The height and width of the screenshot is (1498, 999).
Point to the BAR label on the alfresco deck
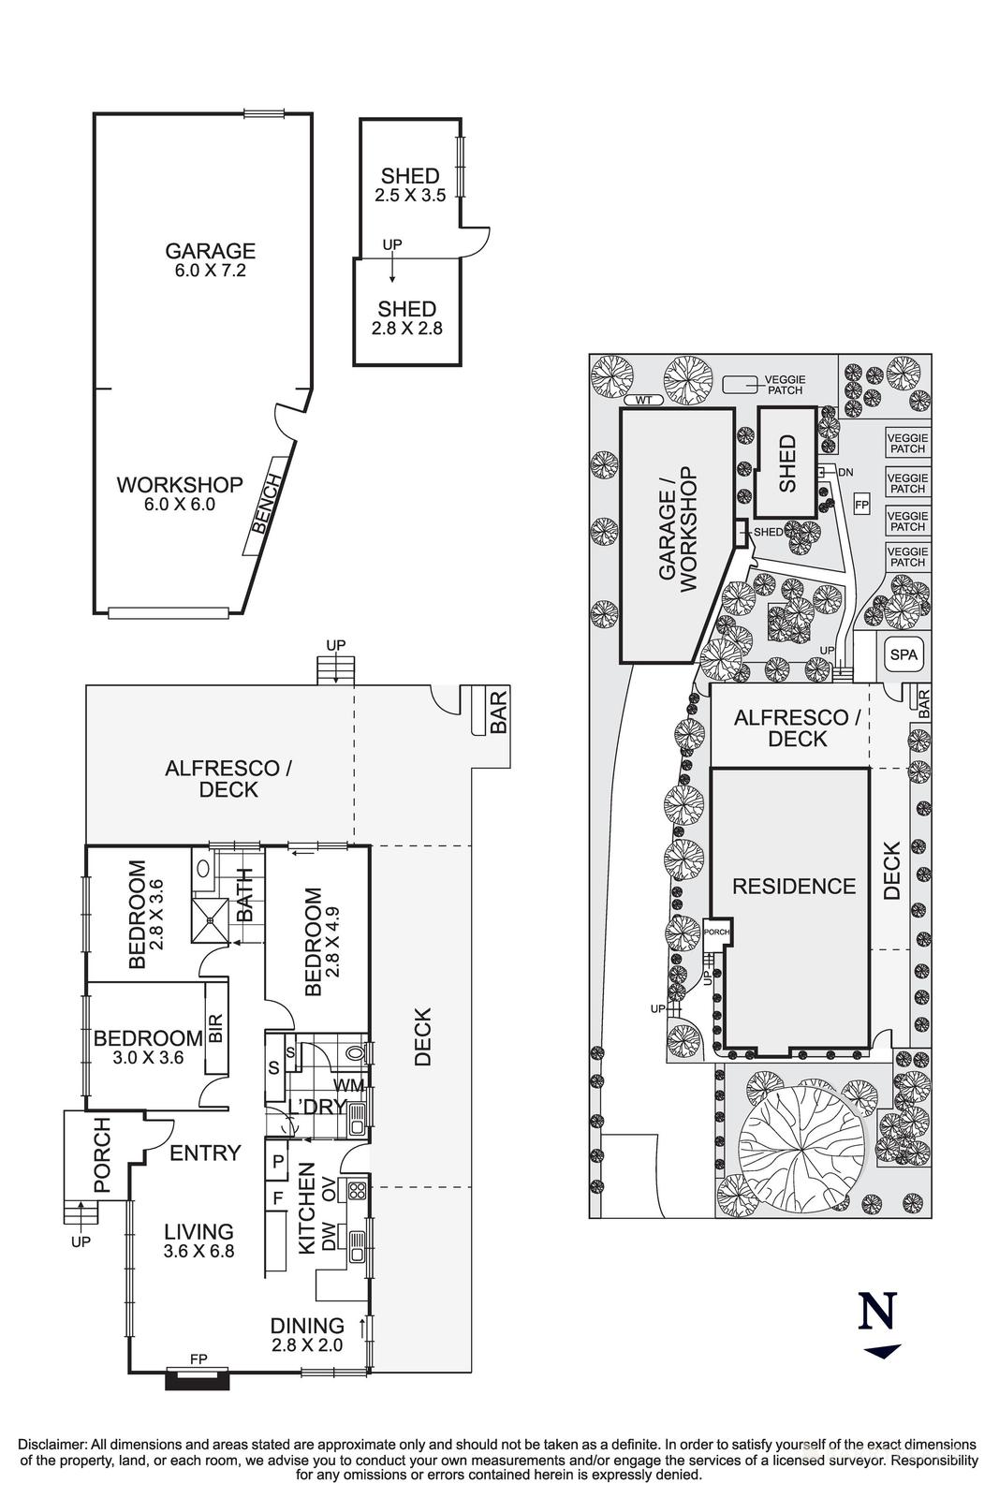(x=499, y=712)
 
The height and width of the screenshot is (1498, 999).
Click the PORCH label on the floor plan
(x=101, y=1155)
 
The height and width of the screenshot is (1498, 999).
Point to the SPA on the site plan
(x=904, y=655)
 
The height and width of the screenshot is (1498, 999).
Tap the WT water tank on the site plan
(x=642, y=401)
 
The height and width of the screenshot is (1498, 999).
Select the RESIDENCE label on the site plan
(x=794, y=886)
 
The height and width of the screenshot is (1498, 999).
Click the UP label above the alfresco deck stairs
(x=335, y=646)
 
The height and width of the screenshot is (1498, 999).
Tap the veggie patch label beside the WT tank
(x=784, y=384)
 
